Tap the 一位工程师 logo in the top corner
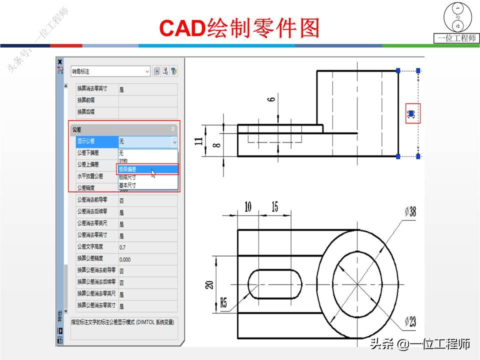(456, 22)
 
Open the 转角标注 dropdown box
(110, 71)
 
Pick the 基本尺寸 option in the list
(127, 185)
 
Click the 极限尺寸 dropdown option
(127, 177)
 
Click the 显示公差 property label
(85, 141)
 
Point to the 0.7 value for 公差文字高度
(122, 247)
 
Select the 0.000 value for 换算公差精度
(125, 259)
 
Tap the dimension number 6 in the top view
(271, 99)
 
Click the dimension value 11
(199, 141)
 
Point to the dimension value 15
(274, 206)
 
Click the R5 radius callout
(223, 302)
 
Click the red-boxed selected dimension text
(412, 114)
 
